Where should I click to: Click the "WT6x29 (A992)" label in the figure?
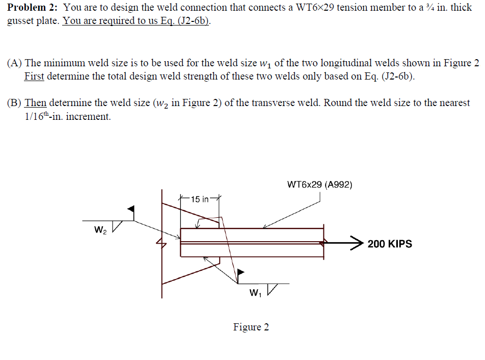click(x=319, y=185)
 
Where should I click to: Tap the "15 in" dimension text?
click(x=199, y=199)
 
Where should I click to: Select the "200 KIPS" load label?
click(x=390, y=244)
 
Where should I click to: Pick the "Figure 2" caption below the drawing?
click(x=251, y=327)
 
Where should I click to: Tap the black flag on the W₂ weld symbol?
click(x=131, y=209)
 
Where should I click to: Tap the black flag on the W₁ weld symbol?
click(x=241, y=273)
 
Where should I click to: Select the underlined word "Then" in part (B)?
click(x=35, y=103)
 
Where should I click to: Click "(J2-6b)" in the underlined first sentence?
click(x=193, y=23)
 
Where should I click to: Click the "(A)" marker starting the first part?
click(x=14, y=63)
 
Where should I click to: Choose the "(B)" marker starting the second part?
click(x=14, y=103)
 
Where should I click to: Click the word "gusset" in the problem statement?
click(x=20, y=23)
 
